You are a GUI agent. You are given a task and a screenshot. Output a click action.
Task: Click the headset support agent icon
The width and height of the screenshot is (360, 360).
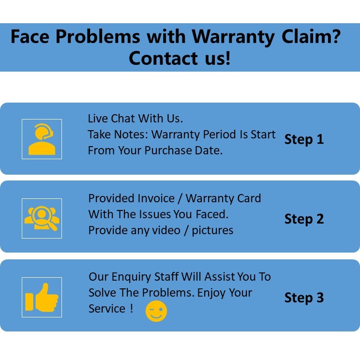click(x=42, y=139)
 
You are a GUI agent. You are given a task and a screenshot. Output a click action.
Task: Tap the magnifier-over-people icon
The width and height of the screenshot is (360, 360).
click(x=42, y=218)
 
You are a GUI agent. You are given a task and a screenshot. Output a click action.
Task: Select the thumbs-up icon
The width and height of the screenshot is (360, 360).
click(x=42, y=297)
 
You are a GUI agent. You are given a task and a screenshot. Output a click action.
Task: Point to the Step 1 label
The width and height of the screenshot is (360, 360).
click(x=304, y=139)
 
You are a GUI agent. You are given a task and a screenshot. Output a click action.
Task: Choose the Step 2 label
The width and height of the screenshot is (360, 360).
click(x=304, y=219)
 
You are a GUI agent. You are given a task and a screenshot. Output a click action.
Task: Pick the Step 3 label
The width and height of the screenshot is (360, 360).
click(x=304, y=298)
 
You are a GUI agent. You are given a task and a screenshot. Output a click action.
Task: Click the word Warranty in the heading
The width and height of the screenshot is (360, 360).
click(x=231, y=37)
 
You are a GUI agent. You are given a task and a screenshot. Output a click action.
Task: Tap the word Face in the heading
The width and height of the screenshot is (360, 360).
click(x=30, y=37)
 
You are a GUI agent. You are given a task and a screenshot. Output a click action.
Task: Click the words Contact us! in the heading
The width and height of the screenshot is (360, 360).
click(x=180, y=58)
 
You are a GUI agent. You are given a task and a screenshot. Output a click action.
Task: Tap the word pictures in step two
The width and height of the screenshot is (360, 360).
click(x=212, y=230)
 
